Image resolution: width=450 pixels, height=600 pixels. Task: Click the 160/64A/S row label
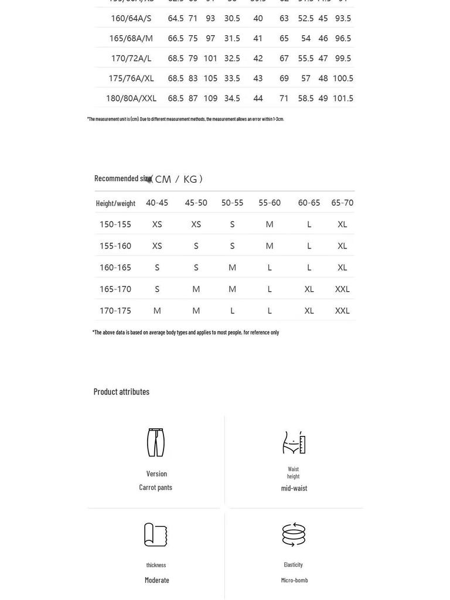click(131, 18)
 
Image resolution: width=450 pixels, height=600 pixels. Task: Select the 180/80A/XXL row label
click(131, 98)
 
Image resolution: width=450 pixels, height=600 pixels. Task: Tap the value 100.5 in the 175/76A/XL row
click(343, 79)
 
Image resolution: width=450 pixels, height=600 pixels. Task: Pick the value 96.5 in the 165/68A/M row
click(343, 39)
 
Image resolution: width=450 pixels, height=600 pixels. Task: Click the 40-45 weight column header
click(157, 203)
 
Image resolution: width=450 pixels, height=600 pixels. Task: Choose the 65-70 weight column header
click(342, 203)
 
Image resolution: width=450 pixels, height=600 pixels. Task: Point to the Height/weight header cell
click(115, 203)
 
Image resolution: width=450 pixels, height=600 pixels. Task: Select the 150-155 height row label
click(115, 224)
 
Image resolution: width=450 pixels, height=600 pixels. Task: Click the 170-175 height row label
click(115, 311)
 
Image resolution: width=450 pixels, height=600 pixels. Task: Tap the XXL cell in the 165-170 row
click(342, 289)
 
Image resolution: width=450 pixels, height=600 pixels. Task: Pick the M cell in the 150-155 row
click(270, 224)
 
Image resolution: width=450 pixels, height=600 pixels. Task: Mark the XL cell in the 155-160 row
click(342, 246)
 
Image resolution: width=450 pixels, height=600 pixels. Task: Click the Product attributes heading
click(121, 391)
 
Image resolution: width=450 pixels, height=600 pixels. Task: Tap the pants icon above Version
click(156, 442)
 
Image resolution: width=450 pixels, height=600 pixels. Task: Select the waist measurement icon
click(294, 443)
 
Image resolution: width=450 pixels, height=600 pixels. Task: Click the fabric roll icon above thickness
click(156, 534)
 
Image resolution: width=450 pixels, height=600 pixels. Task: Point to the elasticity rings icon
click(294, 534)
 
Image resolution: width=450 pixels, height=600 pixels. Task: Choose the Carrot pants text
click(156, 487)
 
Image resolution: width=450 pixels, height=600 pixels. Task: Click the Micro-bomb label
click(294, 580)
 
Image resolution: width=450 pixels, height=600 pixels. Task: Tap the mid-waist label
click(294, 488)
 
